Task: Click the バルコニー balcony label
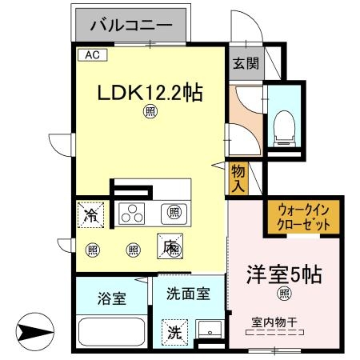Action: pos(131,26)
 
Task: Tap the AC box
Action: pos(90,55)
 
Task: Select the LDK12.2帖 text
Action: pos(150,93)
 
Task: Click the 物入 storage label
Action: pos(238,177)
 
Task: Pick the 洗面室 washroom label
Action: pos(190,294)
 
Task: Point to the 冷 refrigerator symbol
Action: pos(92,214)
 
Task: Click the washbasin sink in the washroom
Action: pos(210,331)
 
